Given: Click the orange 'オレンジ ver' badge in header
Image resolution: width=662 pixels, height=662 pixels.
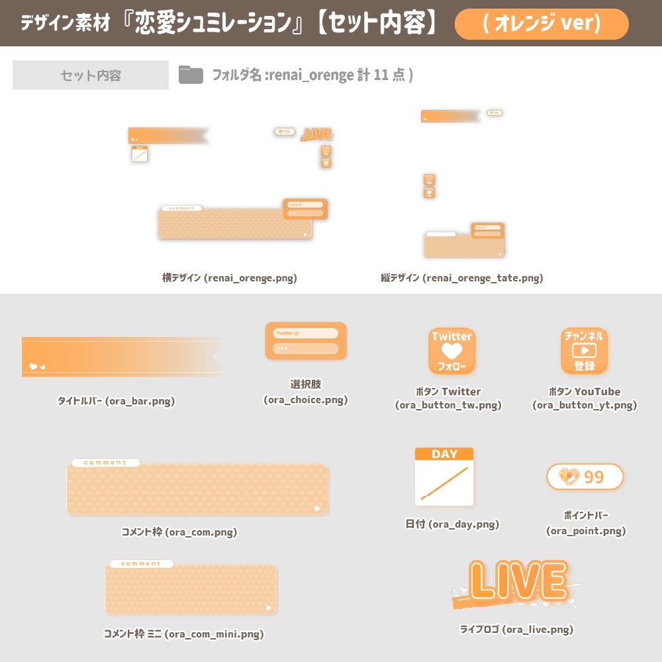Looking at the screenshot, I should tap(542, 24).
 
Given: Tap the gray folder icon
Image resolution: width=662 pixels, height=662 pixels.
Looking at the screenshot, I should tap(191, 75).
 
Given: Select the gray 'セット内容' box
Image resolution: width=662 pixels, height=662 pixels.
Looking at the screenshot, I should tap(91, 75).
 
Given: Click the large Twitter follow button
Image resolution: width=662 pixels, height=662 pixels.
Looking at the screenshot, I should tap(452, 351).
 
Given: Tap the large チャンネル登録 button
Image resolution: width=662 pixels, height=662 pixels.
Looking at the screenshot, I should tap(584, 351).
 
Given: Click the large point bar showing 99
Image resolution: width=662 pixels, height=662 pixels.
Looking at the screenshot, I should tap(585, 477).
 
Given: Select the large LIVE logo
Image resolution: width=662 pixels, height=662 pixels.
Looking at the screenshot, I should tap(516, 583).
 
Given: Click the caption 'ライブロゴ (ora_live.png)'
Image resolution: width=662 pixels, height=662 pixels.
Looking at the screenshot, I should tap(516, 630).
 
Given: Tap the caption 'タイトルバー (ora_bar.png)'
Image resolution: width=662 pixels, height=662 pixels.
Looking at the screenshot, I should tap(117, 401).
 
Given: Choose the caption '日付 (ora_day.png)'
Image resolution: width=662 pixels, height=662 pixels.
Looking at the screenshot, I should tap(452, 524).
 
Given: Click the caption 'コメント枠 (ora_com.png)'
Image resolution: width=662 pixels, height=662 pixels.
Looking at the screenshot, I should tap(179, 532).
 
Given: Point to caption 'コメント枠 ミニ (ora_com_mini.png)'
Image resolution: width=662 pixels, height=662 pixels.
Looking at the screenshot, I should tap(183, 634).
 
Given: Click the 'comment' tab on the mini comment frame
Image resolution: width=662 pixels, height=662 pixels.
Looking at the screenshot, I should tap(141, 564).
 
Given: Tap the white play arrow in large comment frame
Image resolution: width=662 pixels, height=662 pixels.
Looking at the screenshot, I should tap(318, 508).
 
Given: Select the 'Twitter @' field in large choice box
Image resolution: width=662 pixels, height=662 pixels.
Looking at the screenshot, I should tap(305, 334).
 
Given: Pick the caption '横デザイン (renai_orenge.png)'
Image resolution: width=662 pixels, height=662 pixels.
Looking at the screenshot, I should tap(230, 278).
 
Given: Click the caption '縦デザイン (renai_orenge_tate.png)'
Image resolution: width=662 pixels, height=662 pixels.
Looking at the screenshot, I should tap(461, 278).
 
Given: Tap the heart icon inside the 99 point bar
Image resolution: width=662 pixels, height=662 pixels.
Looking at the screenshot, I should tap(569, 476).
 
